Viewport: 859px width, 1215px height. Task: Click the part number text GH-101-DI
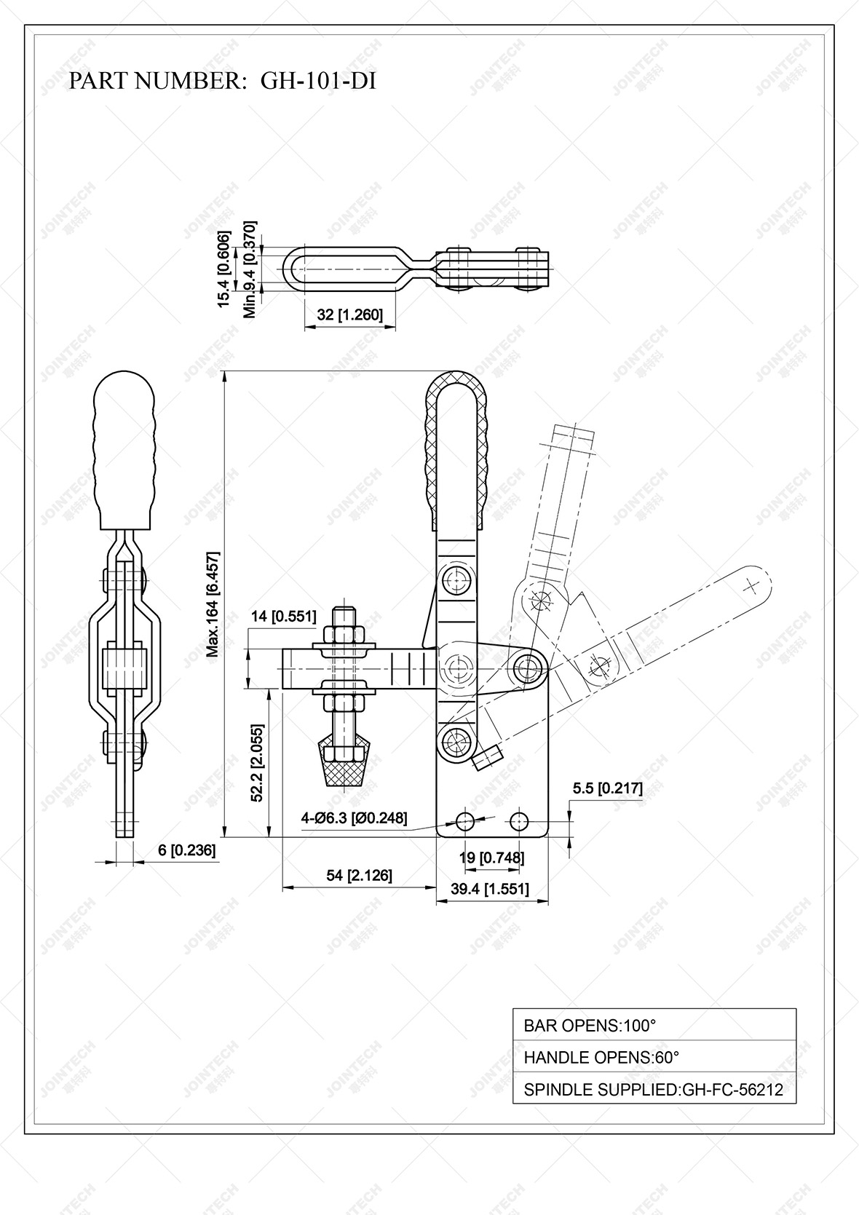point(318,81)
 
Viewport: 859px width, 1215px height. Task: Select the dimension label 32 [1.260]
point(349,314)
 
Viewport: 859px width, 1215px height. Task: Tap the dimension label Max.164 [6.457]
point(213,604)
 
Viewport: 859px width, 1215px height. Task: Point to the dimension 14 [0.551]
point(283,617)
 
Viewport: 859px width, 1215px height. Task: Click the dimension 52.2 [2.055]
point(257,763)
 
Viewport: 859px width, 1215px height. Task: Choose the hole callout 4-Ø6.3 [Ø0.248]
point(354,818)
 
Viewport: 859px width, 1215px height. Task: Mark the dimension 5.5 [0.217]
point(607,788)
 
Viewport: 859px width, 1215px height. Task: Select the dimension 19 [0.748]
point(491,857)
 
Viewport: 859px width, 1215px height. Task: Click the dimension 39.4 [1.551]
point(490,888)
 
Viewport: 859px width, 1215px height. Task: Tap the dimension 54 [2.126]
point(359,875)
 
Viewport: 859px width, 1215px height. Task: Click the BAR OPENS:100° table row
point(654,1025)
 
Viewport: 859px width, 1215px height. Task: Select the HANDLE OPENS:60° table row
point(654,1057)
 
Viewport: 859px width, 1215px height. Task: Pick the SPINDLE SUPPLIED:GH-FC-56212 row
point(654,1089)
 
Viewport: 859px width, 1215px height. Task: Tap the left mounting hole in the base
point(464,821)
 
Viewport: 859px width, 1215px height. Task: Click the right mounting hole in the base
point(518,821)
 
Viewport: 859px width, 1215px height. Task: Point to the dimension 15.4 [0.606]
point(225,269)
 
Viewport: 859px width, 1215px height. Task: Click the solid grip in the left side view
point(124,451)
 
